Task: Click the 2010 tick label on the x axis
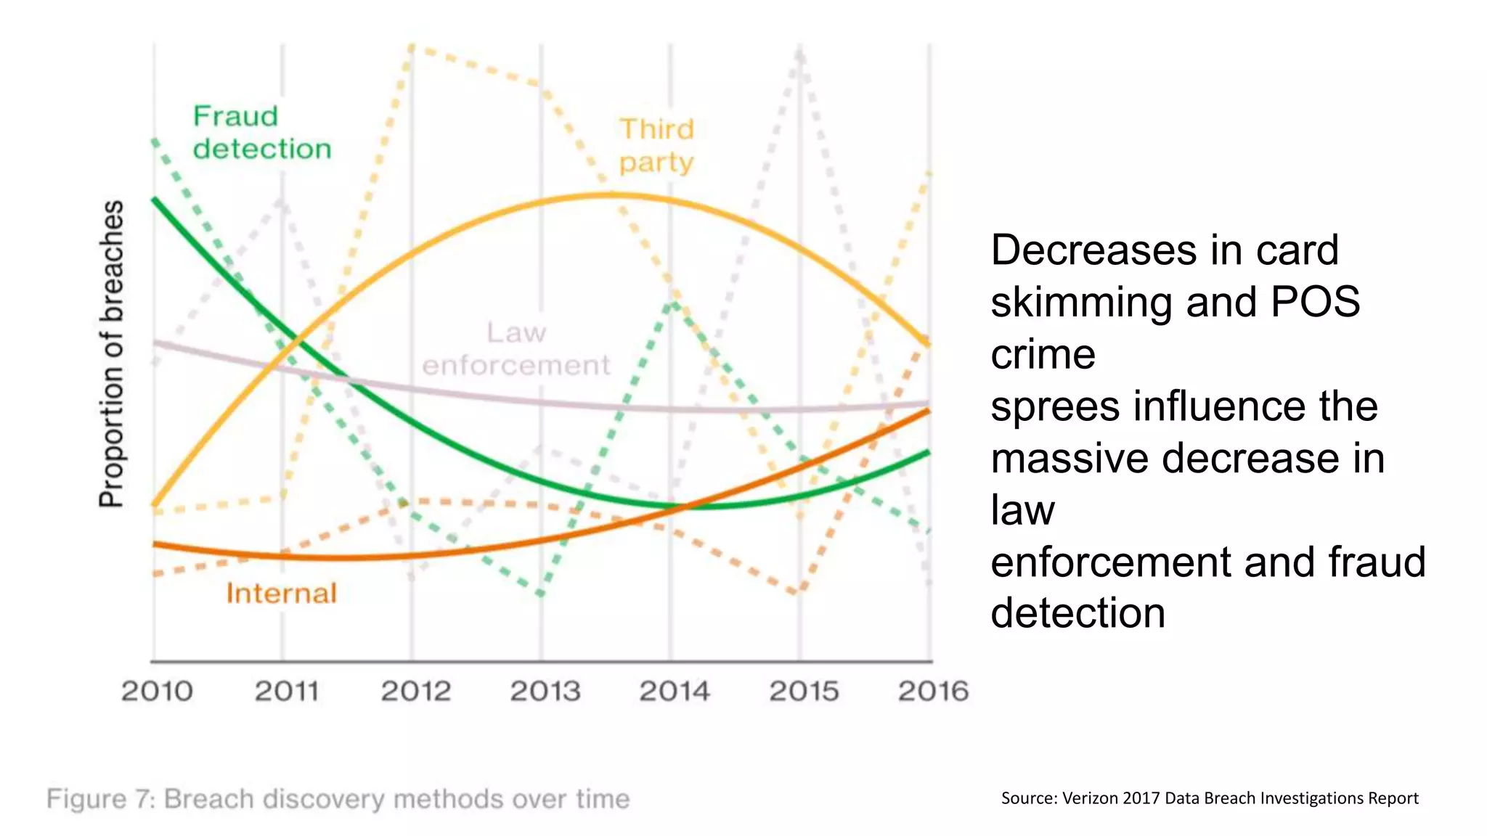coord(157,691)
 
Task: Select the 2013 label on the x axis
coord(545,691)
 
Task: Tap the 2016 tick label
coord(933,691)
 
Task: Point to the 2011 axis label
coord(287,691)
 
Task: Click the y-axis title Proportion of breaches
coord(112,353)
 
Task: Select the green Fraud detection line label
coord(261,132)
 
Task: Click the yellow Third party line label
coord(656,145)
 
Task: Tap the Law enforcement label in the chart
coord(516,348)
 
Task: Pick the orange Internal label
coord(282,594)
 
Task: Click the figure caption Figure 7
coord(338,799)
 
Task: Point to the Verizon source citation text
coord(1209,798)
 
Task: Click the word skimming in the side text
coord(1081,302)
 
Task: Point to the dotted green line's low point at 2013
coord(541,595)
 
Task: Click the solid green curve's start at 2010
coord(155,200)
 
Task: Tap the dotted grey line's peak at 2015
coord(799,51)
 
